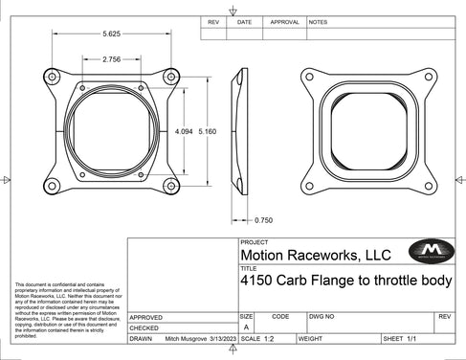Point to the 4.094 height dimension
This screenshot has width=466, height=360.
(x=183, y=130)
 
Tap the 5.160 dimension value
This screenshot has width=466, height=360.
(x=207, y=130)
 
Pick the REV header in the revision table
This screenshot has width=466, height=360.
(x=213, y=21)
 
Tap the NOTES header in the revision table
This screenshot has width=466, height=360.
(x=319, y=21)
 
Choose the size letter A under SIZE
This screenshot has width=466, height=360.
(x=246, y=326)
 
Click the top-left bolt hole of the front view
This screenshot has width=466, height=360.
(x=53, y=75)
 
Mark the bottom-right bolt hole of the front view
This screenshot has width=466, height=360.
(x=172, y=185)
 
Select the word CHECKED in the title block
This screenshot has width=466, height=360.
(x=146, y=327)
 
